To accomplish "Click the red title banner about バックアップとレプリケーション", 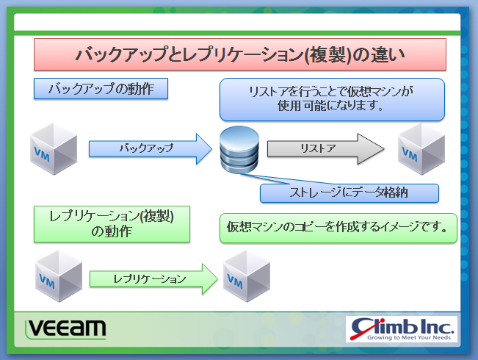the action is (x=240, y=54).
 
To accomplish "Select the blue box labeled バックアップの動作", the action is (x=101, y=88).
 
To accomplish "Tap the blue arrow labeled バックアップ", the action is (x=151, y=148).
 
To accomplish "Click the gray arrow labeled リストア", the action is (x=326, y=148).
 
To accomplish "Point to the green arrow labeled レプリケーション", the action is (x=153, y=279).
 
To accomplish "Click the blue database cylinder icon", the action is (x=239, y=149).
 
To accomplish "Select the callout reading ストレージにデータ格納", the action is (x=350, y=192).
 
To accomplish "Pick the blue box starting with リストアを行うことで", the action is (x=332, y=99).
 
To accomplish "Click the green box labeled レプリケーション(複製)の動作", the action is (x=112, y=224).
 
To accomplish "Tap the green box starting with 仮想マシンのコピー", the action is (x=338, y=228).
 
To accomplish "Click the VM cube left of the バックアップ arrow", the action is (x=54, y=149).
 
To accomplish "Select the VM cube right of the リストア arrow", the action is (x=421, y=149).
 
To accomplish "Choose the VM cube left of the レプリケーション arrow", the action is (x=59, y=276).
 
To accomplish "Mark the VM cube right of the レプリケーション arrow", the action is (x=247, y=276).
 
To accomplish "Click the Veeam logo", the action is (x=65, y=329).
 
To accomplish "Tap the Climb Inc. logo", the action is (x=402, y=329).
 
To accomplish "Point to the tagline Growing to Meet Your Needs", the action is (x=409, y=337).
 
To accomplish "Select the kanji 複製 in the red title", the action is (x=328, y=54).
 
